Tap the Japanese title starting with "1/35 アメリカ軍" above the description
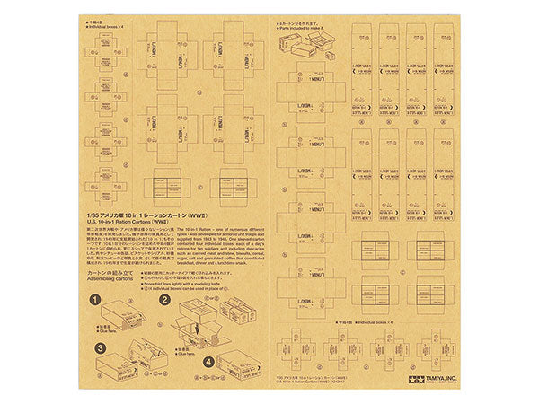[135, 214]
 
